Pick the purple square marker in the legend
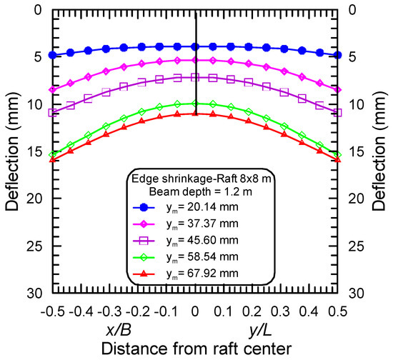(144, 241)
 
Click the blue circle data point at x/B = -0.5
(52, 55)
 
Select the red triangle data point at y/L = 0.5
(338, 160)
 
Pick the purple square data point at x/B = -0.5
(52, 112)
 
